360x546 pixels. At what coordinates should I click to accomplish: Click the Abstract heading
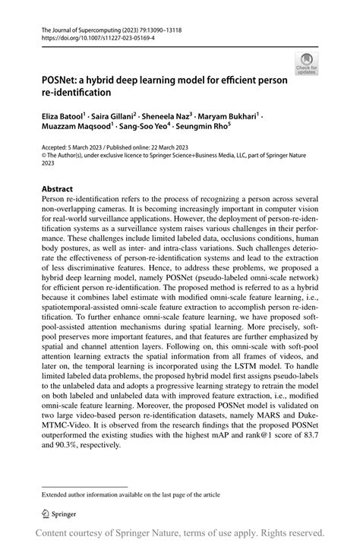[58, 188]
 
